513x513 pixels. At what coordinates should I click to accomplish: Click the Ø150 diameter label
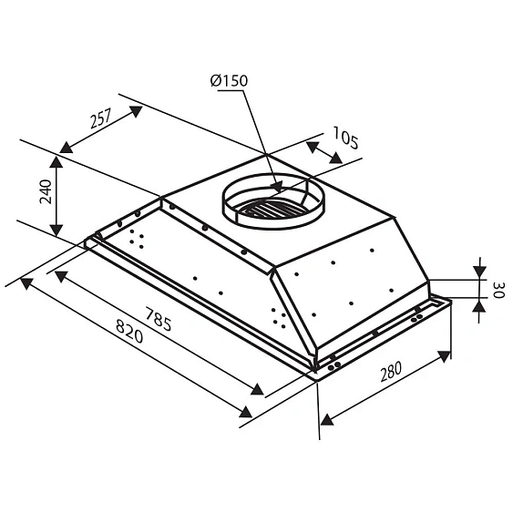(x=229, y=80)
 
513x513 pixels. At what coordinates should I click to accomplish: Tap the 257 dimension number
(x=101, y=118)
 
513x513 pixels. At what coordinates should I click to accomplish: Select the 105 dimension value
(x=346, y=138)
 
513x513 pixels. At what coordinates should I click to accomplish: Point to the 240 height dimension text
(x=46, y=191)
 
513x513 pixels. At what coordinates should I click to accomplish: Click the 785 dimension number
(x=159, y=319)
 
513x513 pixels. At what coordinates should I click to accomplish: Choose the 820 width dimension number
(x=129, y=331)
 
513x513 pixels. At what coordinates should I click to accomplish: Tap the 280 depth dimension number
(x=391, y=372)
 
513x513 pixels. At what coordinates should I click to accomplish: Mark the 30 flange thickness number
(x=498, y=290)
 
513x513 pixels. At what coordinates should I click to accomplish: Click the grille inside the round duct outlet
(x=267, y=209)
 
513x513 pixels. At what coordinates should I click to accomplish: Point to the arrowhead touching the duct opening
(x=277, y=187)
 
